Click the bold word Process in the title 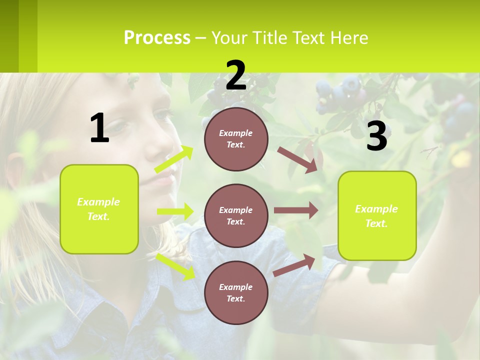pyautogui.click(x=157, y=38)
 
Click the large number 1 pyautogui.click(x=99, y=128)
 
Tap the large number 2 pyautogui.click(x=236, y=76)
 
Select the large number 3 pyautogui.click(x=376, y=136)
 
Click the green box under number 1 pyautogui.click(x=99, y=209)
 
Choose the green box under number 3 pyautogui.click(x=377, y=215)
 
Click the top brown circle pyautogui.click(x=236, y=139)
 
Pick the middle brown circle pyautogui.click(x=236, y=215)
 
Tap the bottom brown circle pyautogui.click(x=236, y=292)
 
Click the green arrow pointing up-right pyautogui.click(x=174, y=159)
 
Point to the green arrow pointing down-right pyautogui.click(x=175, y=266)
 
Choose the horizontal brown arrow pyautogui.click(x=295, y=210)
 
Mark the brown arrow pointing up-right pyautogui.click(x=294, y=265)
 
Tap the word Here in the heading pyautogui.click(x=350, y=38)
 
